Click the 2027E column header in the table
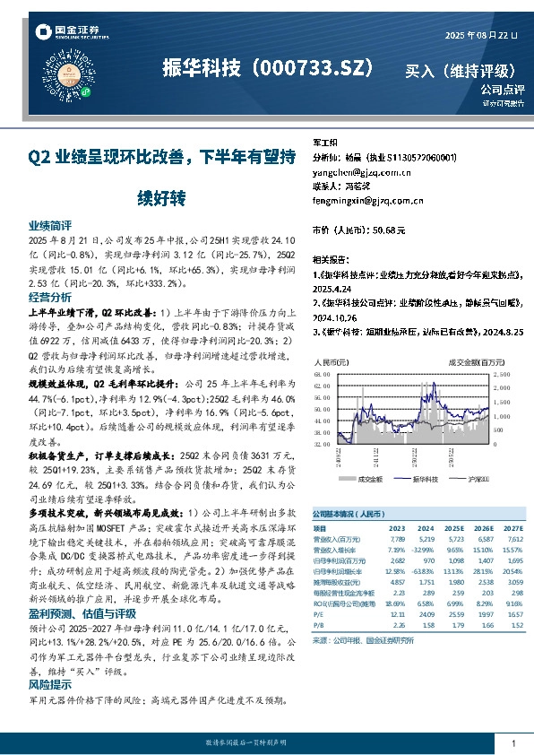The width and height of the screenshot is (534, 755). tap(512, 529)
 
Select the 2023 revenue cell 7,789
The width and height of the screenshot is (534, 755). tap(398, 541)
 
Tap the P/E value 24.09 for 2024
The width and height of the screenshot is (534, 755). tap(426, 613)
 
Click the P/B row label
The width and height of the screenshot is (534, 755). tap(318, 625)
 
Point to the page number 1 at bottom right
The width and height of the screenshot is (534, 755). tap(513, 744)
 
